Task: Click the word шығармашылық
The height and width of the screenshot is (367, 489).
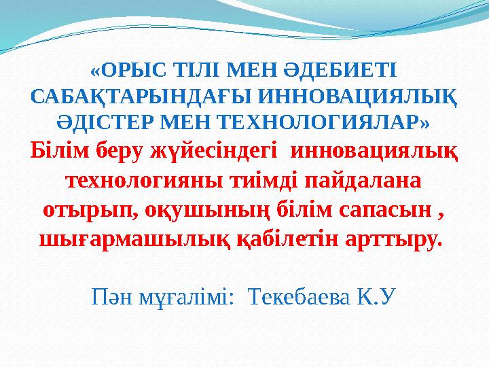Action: coord(134,239)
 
